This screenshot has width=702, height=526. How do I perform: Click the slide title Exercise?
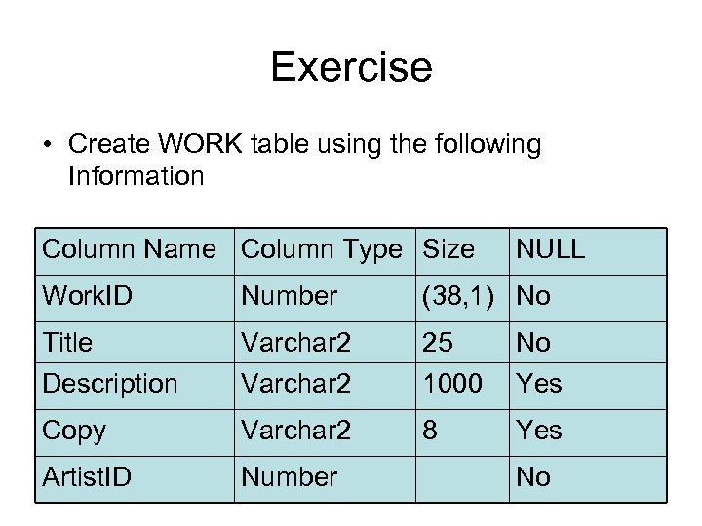(351, 67)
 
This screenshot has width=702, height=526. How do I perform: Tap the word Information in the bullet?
(136, 176)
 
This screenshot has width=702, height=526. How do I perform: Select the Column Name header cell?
(129, 249)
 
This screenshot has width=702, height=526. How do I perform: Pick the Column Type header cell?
(322, 249)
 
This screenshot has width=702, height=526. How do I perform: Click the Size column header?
(448, 249)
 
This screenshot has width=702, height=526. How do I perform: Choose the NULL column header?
(551, 249)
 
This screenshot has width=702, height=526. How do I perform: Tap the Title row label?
(67, 343)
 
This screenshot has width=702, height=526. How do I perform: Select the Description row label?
(110, 384)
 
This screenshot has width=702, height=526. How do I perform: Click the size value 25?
(440, 343)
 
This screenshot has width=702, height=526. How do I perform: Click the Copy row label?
(74, 431)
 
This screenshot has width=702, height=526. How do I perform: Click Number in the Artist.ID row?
(290, 477)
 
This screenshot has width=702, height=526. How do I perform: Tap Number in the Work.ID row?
(290, 296)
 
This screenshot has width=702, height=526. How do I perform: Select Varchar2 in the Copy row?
(295, 431)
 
